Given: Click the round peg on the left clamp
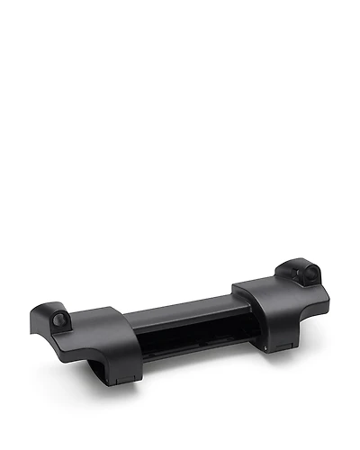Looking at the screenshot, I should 60,319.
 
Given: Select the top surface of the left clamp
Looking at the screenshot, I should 90,328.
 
